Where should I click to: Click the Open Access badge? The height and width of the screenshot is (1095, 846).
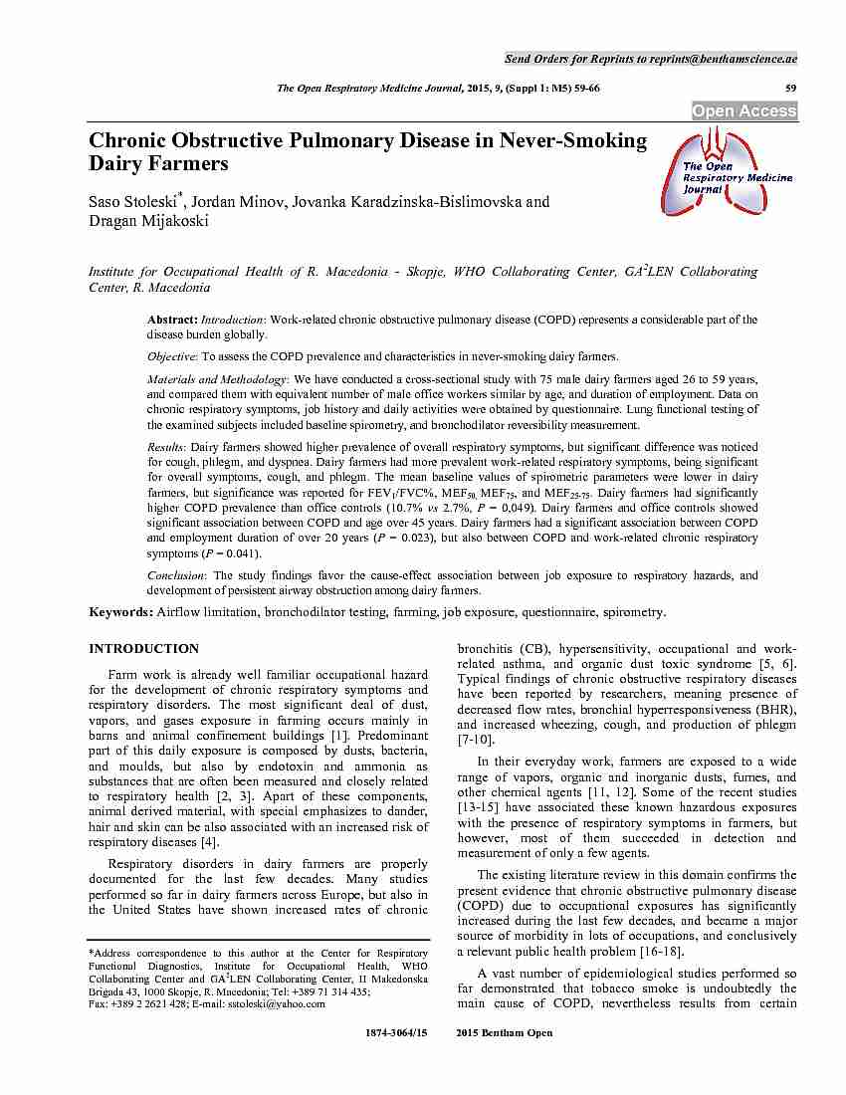744,111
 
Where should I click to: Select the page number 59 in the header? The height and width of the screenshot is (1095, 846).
791,89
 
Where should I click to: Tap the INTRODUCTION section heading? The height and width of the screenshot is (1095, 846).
143,648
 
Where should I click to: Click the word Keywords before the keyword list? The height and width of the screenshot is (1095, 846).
120,612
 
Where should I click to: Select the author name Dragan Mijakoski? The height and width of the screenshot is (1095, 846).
148,221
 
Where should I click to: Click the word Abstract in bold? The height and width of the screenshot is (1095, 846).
172,320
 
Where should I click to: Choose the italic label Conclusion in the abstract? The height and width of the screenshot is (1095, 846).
176,575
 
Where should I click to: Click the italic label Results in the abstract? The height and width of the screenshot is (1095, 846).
167,448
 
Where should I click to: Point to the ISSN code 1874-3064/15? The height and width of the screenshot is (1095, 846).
397,1033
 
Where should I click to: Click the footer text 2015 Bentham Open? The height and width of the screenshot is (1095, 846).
504,1033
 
